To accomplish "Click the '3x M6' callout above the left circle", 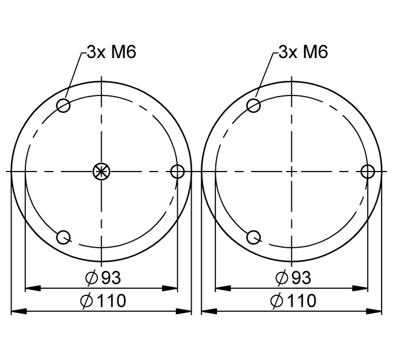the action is [x=111, y=52].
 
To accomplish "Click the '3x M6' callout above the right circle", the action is [x=304, y=52].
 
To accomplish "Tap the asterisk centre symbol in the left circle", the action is [x=101, y=172].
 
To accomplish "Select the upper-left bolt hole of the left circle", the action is [x=63, y=106].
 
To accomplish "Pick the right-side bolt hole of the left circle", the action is [x=177, y=172].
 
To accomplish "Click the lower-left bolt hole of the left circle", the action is [x=63, y=237].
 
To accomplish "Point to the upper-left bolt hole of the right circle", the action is [x=253, y=106].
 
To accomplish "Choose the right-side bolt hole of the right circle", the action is [x=368, y=172].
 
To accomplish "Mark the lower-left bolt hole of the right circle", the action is [x=253, y=237].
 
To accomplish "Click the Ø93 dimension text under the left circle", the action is [x=103, y=278].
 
